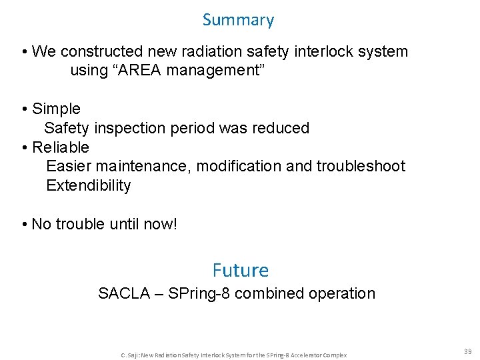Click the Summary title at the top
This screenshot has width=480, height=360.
pyautogui.click(x=238, y=20)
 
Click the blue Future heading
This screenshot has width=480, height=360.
pyautogui.click(x=241, y=270)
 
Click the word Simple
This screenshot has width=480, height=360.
pyautogui.click(x=56, y=109)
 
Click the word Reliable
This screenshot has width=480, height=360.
pyautogui.click(x=60, y=147)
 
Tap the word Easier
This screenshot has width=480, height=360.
pyautogui.click(x=69, y=166)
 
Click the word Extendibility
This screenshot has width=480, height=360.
pyautogui.click(x=89, y=185)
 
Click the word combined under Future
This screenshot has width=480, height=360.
pyautogui.click(x=271, y=293)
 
